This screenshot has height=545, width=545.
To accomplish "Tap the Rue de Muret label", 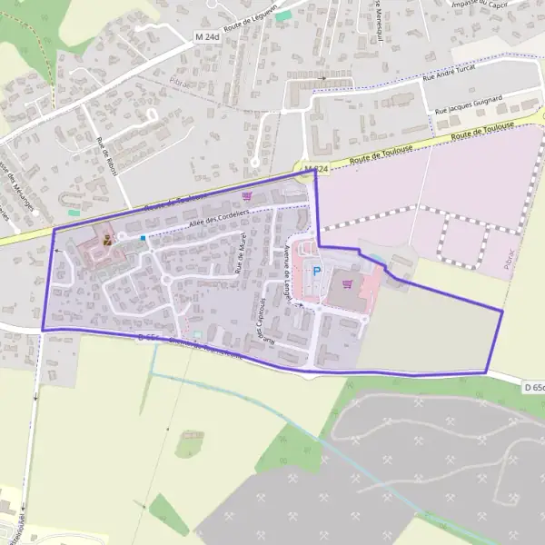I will [x=241, y=257].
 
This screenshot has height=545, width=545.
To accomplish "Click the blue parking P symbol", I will [x=316, y=270].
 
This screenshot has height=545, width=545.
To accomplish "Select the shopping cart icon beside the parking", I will [x=346, y=283].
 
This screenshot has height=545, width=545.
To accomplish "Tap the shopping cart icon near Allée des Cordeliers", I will [x=247, y=195].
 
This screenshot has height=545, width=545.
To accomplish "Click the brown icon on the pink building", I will [x=108, y=241].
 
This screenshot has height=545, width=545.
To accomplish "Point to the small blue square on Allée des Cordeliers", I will [x=143, y=238].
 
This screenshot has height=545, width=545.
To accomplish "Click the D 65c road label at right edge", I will [x=534, y=388].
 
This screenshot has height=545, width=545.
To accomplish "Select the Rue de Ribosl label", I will [x=107, y=155].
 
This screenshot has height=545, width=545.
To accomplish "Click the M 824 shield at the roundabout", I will [x=315, y=169].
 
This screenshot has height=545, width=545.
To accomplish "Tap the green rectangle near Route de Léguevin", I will [x=283, y=16].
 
